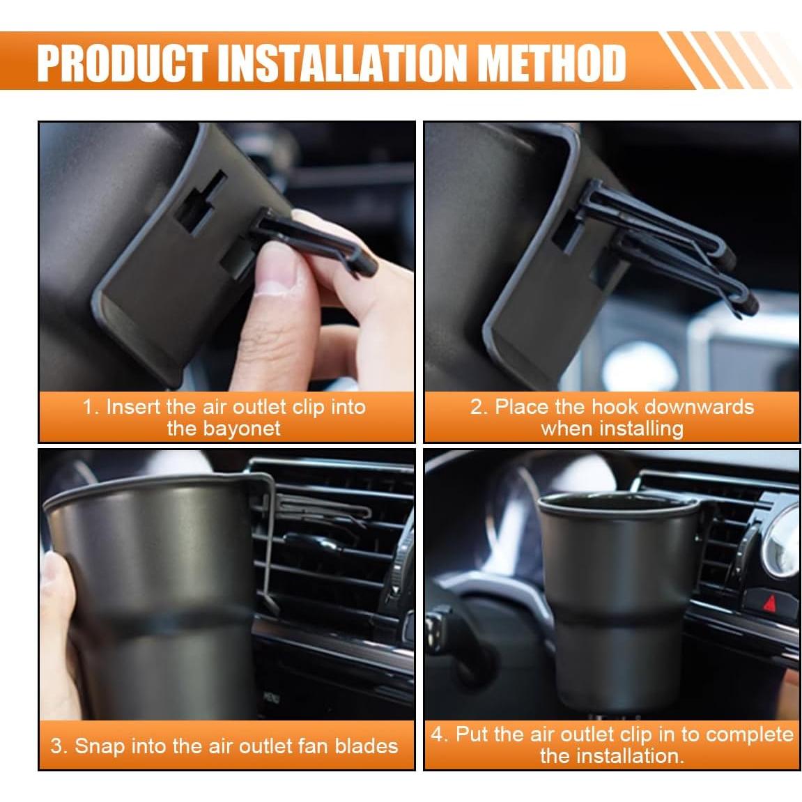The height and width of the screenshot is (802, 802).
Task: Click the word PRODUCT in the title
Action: point(123,63)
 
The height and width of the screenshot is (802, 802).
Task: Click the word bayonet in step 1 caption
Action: point(223,428)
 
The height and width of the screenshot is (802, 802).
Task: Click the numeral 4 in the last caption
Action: point(437,734)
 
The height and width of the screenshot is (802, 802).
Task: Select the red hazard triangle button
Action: point(769,600)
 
